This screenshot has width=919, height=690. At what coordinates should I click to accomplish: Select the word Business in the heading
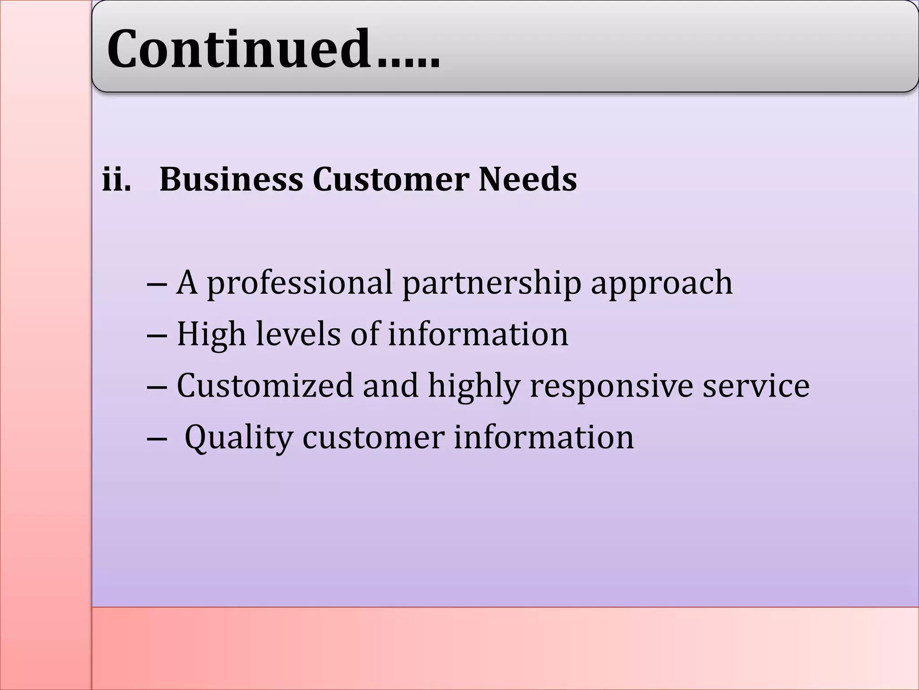(231, 179)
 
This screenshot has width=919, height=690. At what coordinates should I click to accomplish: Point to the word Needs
(528, 179)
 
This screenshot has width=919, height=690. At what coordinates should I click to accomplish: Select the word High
(211, 335)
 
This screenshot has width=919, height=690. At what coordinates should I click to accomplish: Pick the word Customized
(265, 385)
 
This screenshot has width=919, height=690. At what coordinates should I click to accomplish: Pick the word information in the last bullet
(544, 437)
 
